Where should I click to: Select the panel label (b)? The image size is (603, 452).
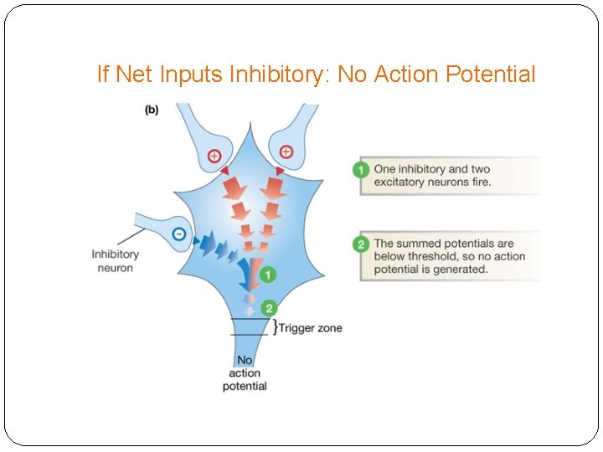152,110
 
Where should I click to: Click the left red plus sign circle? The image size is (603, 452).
214,156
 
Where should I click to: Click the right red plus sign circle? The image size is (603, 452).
286,152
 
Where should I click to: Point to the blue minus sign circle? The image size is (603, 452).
179,234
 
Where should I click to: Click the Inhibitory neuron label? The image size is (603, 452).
116,261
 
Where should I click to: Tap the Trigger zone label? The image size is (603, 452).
310,328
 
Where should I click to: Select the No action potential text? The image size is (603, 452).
245,372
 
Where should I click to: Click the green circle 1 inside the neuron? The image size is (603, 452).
265,274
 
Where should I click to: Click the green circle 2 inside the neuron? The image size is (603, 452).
268,307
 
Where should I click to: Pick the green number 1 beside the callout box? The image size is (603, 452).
360,171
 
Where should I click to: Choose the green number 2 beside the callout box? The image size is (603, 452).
360,244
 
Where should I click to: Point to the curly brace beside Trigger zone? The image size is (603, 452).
274,327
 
